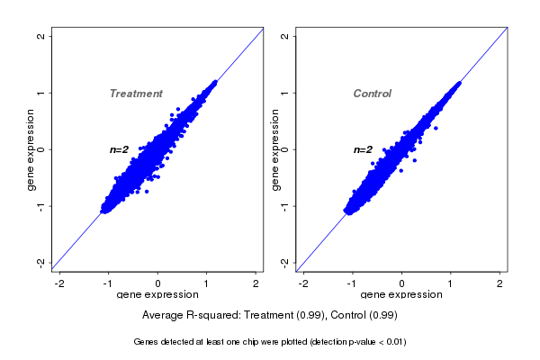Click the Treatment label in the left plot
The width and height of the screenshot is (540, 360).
pyautogui.click(x=136, y=94)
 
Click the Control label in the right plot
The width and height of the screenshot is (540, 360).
pyautogui.click(x=373, y=94)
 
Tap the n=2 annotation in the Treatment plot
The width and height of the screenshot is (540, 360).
pyautogui.click(x=120, y=149)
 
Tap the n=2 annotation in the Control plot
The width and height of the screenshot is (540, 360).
pyautogui.click(x=363, y=149)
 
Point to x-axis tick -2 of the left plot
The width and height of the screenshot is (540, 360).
pyautogui.click(x=60, y=283)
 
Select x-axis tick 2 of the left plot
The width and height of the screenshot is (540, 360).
pyautogui.click(x=256, y=283)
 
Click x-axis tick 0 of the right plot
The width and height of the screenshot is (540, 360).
pyautogui.click(x=402, y=283)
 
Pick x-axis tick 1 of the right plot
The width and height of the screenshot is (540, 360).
pyautogui.click(x=452, y=283)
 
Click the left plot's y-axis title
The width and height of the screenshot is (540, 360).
pyautogui.click(x=31, y=149)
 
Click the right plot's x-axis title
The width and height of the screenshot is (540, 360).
pyautogui.click(x=401, y=295)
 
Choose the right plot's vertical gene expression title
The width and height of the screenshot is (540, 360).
pyautogui.click(x=275, y=149)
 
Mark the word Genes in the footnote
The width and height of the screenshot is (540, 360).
pyautogui.click(x=148, y=342)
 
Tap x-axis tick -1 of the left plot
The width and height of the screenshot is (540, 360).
pyautogui.click(x=109, y=283)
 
